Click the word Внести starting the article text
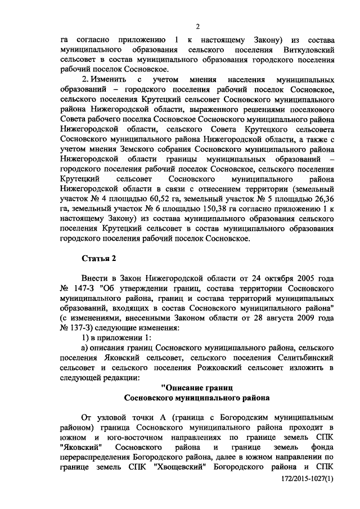[96, 279]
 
